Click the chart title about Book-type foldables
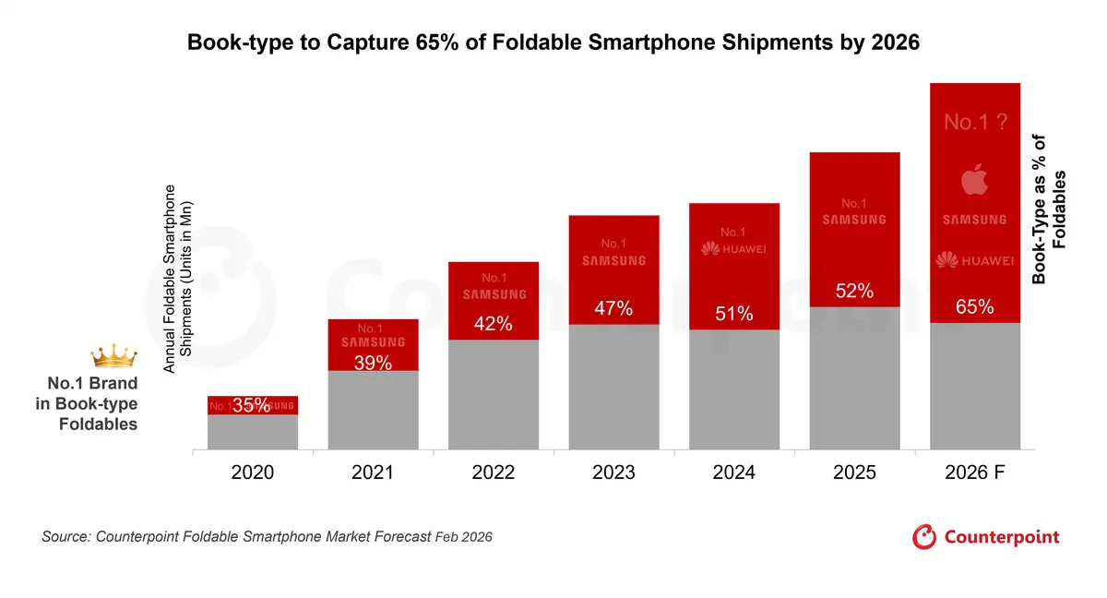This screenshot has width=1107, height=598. coord(553,42)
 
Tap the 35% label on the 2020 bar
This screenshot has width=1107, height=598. coord(252,404)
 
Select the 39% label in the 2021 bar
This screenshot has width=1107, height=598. coord(373,363)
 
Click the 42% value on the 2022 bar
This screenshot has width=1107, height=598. coord(494,326)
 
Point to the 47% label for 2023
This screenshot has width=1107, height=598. coord(613,309)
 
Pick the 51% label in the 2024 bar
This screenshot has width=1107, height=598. coord(734,315)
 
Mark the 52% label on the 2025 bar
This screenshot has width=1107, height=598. coord(854,291)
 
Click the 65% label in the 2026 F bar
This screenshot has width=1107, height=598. coord(975,307)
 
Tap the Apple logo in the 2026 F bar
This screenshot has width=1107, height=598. coord(974,179)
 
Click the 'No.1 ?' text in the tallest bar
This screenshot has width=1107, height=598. coord(974,122)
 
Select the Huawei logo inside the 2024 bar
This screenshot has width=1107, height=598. coord(734,249)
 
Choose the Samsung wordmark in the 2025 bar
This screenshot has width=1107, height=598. coord(854,220)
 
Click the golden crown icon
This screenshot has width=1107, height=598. coord(113,355)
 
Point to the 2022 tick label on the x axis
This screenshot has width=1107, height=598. coord(494,472)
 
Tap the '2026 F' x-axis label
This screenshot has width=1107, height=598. coord(975,472)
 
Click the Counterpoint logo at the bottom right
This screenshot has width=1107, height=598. coord(986,537)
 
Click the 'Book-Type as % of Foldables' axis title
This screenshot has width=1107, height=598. coord(1049,209)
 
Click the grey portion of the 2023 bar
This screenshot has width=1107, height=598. coord(613,388)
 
